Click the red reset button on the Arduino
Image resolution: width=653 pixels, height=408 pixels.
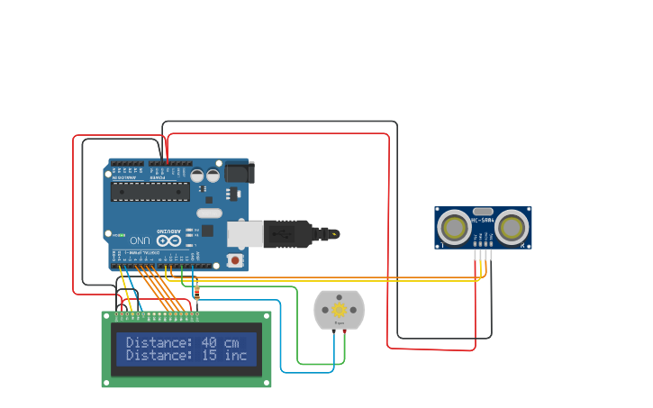coord(236,260)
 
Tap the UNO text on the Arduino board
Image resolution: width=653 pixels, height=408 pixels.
coord(140,240)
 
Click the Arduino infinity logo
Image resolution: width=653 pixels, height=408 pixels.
coord(168,240)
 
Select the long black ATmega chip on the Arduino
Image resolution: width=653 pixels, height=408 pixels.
coord(150,191)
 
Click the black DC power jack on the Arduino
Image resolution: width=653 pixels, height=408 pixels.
coord(239,172)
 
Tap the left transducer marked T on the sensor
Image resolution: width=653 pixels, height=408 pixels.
coord(455,227)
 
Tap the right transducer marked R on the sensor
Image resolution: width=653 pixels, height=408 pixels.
coord(512,227)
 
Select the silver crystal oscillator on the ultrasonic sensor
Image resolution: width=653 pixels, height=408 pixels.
coord(483,211)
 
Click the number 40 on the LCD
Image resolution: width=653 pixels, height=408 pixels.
coord(208,342)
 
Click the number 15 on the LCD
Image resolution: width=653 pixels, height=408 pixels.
coord(208,355)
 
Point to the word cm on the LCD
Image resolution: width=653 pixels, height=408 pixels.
coord(232,342)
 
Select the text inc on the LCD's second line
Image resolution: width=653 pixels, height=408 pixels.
coord(235,355)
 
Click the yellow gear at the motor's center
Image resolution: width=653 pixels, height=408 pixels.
coord(340,309)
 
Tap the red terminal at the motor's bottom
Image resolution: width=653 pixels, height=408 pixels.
coord(344,331)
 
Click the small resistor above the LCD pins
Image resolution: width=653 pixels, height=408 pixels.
coord(197,291)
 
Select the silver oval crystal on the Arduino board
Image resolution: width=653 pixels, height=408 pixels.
coord(208,213)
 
